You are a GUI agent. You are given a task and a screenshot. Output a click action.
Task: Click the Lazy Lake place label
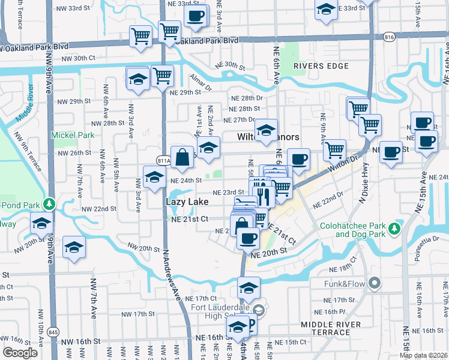(187, 202)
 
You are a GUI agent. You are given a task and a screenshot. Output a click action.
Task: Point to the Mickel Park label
(73, 135)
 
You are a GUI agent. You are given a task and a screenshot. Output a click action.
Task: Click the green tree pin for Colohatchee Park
(394, 229)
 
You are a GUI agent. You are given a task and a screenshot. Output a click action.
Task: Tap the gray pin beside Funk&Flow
(375, 282)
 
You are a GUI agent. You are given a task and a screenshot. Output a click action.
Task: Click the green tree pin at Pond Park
(52, 204)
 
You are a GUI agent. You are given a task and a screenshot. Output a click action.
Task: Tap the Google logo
(20, 353)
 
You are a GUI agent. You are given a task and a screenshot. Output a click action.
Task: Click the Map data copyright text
(424, 355)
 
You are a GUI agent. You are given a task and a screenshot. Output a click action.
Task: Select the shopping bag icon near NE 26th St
(182, 157)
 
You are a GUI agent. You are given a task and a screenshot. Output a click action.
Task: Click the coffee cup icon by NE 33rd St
(195, 16)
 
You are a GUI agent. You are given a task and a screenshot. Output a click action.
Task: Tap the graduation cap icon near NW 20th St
(74, 247)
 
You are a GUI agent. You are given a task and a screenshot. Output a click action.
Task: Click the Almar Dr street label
(201, 83)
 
